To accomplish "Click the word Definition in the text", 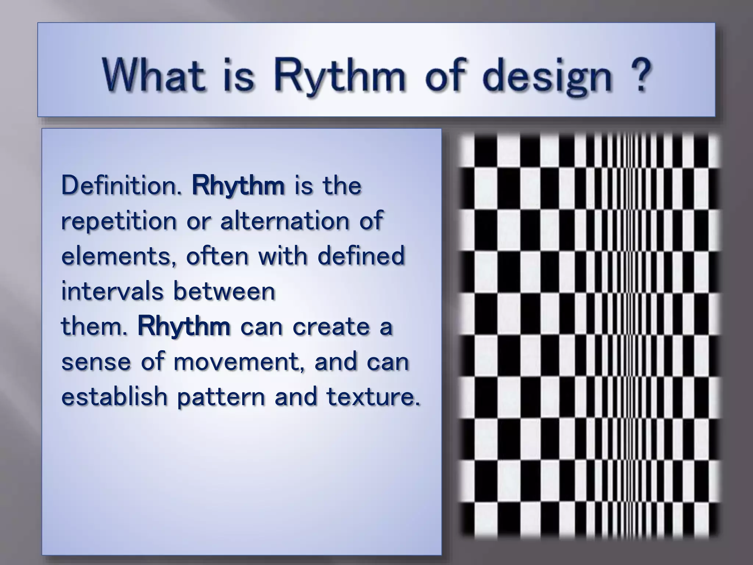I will coord(121,185).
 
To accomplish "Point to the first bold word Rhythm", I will coord(238,186).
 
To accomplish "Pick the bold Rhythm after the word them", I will coord(184,327).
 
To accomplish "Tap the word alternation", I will coord(285,221).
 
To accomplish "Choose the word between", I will coord(224,291).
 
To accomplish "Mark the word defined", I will coord(361,256).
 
